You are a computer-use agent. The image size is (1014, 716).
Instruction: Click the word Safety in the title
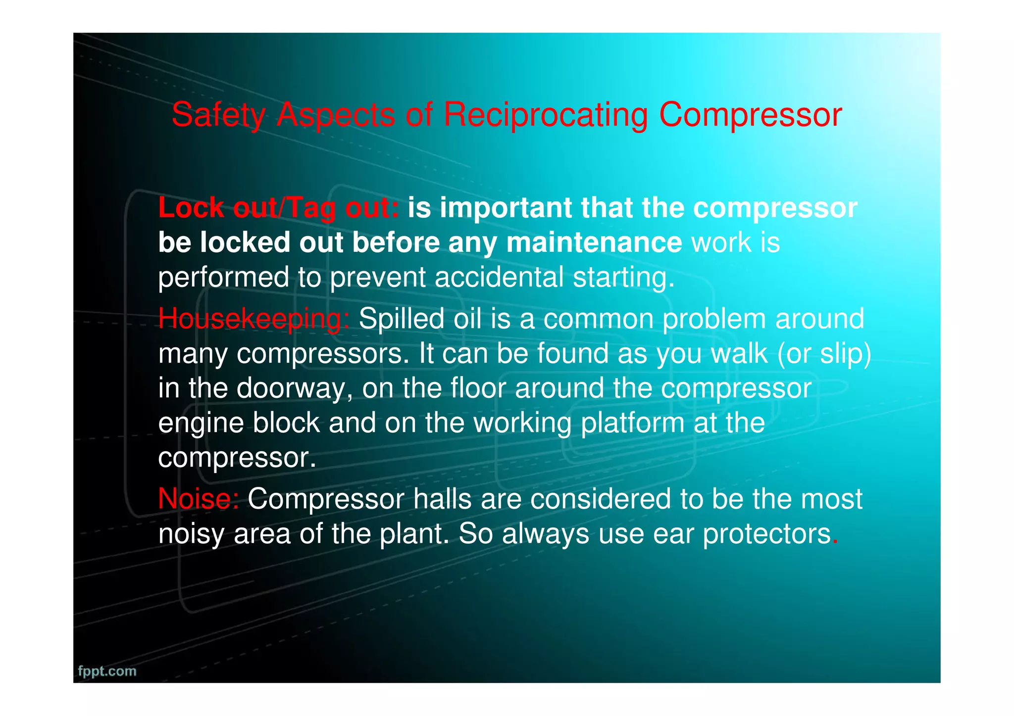[x=218, y=115]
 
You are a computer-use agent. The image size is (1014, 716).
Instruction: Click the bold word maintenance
[x=594, y=242]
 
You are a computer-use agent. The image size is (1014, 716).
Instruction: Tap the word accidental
[x=499, y=277]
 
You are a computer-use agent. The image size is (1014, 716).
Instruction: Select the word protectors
[x=766, y=534]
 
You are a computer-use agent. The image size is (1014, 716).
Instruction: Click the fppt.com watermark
[x=107, y=671]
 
